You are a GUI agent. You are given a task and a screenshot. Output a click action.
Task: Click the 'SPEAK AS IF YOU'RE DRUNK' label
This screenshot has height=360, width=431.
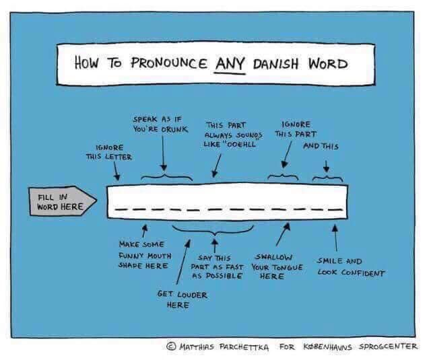(160, 122)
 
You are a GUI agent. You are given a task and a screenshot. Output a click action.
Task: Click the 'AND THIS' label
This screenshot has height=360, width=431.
(321, 146)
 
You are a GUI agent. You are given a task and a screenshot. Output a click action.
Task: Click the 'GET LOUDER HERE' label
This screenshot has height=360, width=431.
(182, 299)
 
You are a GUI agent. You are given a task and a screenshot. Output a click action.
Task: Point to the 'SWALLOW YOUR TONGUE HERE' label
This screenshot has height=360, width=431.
(275, 266)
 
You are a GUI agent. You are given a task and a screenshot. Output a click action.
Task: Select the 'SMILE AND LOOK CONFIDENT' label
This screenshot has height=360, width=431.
(350, 267)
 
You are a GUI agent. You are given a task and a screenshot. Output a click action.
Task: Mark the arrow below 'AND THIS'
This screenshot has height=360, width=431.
(327, 165)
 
